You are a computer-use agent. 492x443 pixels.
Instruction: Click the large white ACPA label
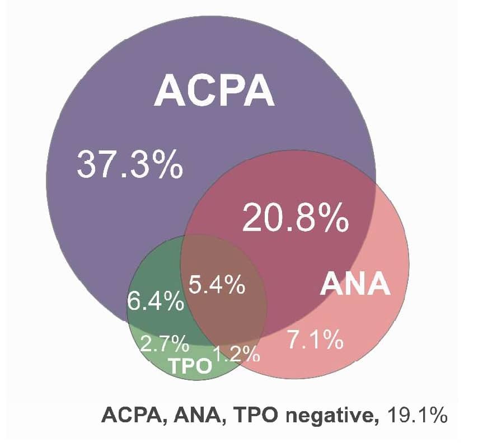[214, 91]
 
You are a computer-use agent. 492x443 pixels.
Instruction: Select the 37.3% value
[129, 163]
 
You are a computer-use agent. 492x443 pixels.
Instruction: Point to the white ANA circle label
[355, 284]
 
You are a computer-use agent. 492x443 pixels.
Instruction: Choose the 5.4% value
[217, 285]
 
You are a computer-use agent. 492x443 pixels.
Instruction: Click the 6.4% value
[156, 302]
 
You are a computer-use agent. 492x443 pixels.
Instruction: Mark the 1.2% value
[237, 354]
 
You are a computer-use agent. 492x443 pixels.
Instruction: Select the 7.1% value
[315, 340]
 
